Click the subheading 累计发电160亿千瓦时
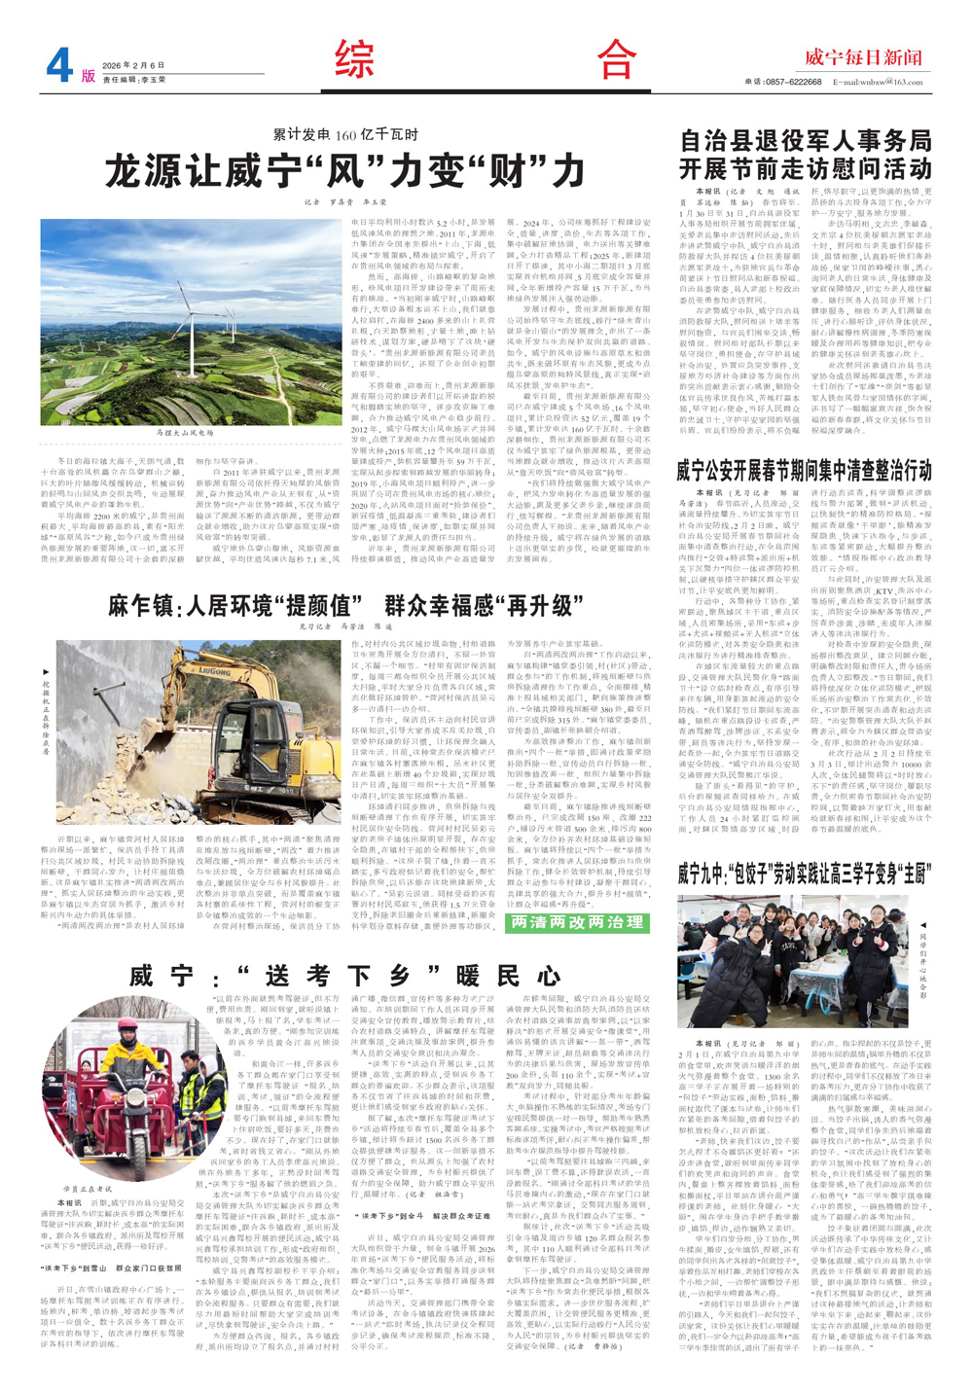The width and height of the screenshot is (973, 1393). point(344,135)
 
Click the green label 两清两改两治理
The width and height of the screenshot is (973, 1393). point(578,922)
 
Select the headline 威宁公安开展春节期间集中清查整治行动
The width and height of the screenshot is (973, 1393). point(805,471)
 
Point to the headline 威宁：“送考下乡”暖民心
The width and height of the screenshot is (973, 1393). point(345,976)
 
